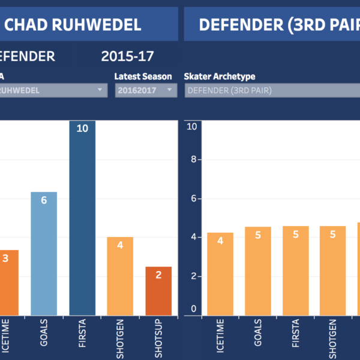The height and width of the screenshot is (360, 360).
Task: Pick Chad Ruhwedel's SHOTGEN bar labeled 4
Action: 120,276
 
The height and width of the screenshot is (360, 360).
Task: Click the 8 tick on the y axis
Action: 193,160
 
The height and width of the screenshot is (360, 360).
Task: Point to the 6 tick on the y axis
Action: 193,199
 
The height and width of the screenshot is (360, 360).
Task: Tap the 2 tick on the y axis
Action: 193,276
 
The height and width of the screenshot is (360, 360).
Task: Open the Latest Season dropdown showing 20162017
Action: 146,91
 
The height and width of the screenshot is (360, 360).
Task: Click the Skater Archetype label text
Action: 220,77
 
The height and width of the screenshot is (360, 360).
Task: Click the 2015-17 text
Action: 128,57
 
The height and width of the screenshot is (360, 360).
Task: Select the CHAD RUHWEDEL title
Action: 73,25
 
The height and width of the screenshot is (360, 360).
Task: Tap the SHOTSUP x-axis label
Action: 158,339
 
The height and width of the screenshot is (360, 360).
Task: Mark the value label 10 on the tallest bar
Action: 82,129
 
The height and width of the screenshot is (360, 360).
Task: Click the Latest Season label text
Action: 143,77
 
